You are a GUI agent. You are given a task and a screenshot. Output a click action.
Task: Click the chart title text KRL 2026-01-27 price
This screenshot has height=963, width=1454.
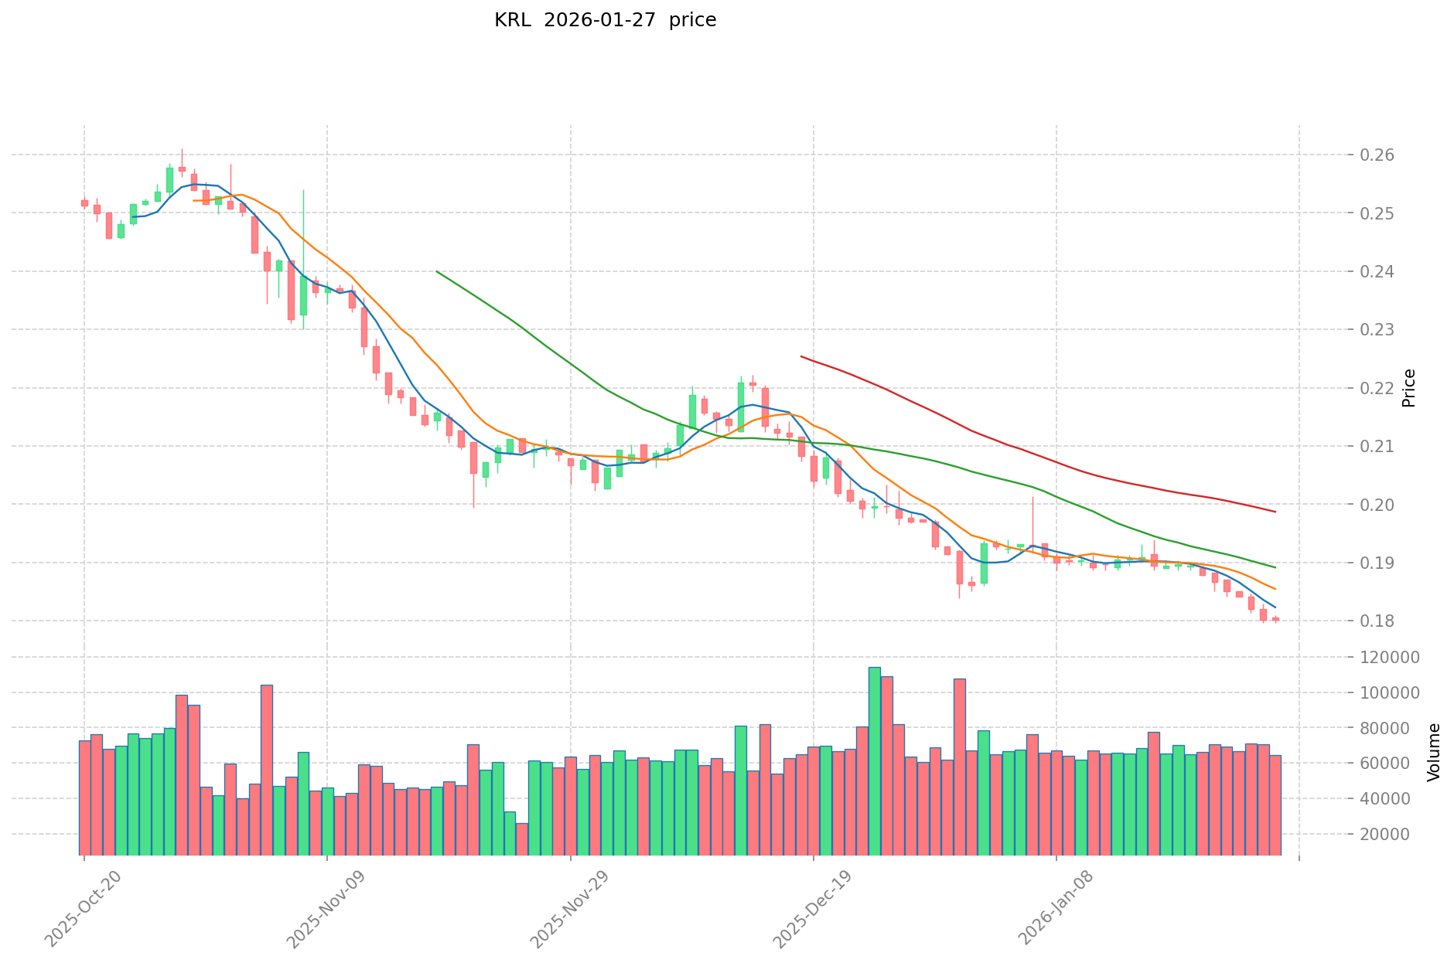(605, 20)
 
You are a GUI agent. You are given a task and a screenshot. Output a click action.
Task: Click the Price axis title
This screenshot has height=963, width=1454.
(1408, 388)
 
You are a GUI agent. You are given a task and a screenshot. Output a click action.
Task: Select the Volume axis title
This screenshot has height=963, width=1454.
(1434, 752)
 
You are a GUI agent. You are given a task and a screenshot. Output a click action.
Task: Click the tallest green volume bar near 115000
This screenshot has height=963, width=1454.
(874, 761)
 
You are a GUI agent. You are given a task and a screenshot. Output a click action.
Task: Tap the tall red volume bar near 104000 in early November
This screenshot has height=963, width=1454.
(267, 770)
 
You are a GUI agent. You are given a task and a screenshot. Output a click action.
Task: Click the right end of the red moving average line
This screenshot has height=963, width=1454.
(1275, 512)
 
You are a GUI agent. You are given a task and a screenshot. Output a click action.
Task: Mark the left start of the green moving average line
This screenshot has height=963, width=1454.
(437, 271)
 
